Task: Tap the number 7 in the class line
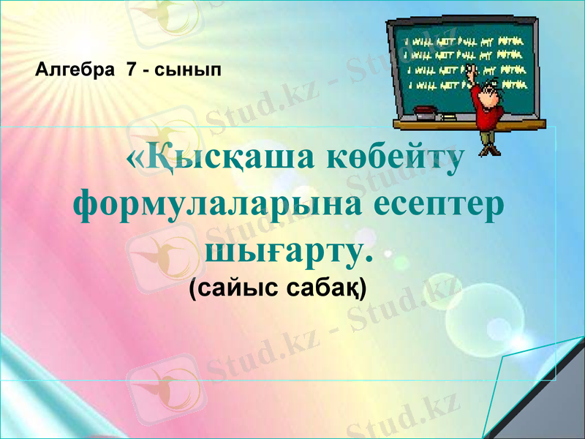[x=132, y=70]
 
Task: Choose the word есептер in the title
[x=439, y=202]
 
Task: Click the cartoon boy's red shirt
[x=486, y=106]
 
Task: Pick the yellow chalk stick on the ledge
[x=448, y=116]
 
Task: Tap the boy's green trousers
[x=488, y=132]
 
